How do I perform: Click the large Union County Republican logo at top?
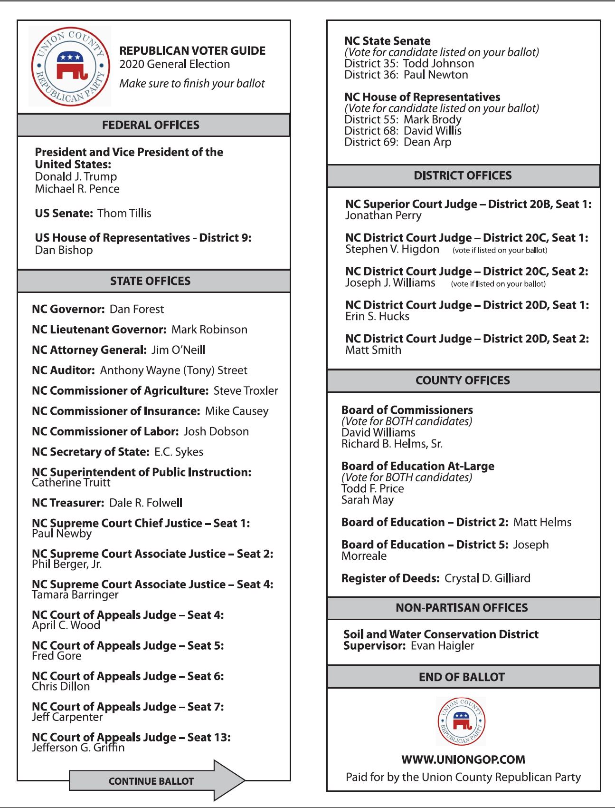70,66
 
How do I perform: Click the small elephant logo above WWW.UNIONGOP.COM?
461,721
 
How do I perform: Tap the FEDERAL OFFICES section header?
151,125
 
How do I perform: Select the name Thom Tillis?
124,214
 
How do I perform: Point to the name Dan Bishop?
64,250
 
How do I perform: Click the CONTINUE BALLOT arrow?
157,781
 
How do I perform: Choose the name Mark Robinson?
209,330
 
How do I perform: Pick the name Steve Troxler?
246,391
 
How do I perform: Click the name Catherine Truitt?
71,483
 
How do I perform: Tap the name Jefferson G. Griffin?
78,748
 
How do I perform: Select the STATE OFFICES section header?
151,281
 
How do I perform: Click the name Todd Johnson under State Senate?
438,64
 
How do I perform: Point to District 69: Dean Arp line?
398,142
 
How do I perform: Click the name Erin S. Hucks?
378,317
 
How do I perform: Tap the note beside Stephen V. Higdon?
500,250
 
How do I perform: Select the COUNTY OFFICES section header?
463,380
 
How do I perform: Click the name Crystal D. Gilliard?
487,578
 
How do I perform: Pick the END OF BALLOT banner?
462,677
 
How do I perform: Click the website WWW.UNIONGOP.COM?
463,759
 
